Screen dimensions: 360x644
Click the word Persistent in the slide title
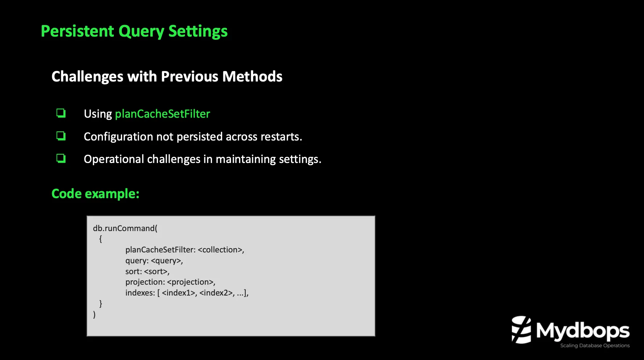click(78, 31)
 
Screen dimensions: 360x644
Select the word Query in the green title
click(141, 32)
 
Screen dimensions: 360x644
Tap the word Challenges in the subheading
click(87, 77)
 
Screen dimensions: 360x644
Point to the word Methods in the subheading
click(252, 77)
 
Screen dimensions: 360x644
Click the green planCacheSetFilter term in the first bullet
click(162, 114)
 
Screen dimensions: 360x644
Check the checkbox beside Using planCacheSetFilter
click(61, 113)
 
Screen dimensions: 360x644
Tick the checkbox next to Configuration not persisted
click(61, 136)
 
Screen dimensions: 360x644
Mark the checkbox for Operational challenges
click(61, 159)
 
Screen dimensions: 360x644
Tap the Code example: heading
click(95, 194)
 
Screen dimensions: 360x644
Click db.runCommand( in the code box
click(125, 228)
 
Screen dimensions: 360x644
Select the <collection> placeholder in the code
click(221, 250)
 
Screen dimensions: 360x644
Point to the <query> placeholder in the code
click(167, 261)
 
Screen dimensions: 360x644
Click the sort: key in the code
click(133, 272)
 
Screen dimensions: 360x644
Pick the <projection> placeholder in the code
click(191, 282)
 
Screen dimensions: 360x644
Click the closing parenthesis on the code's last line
click(95, 314)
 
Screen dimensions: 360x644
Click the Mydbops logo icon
click(521, 330)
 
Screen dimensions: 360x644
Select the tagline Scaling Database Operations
click(595, 346)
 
